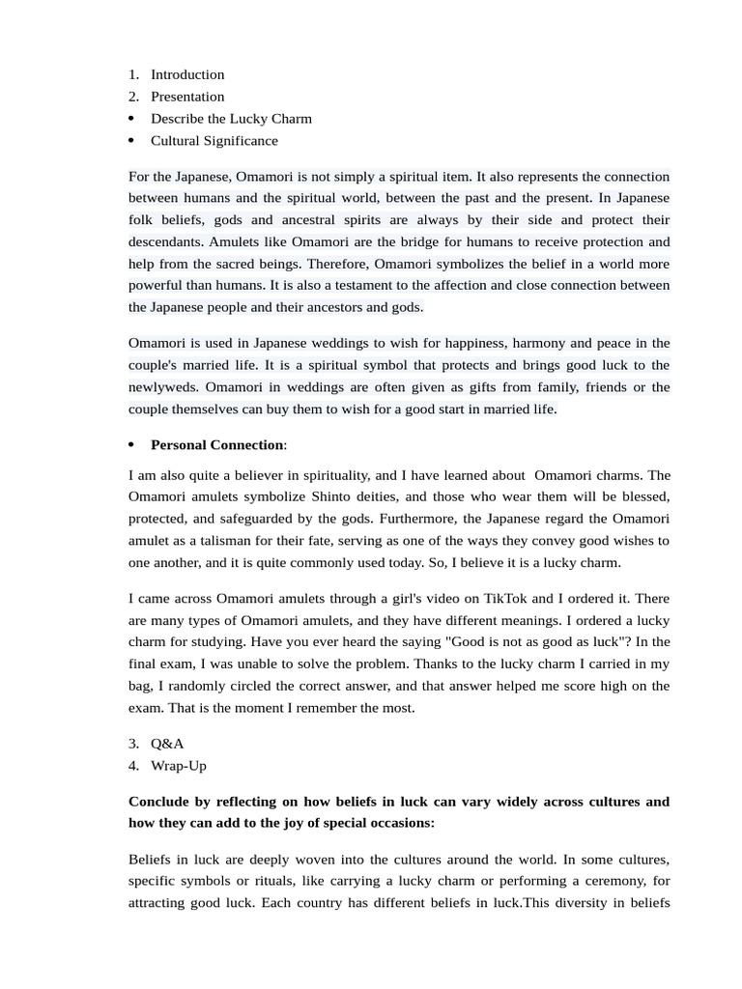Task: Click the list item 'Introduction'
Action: point(187,74)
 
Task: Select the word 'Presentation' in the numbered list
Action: point(187,97)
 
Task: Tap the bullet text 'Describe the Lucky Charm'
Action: point(231,119)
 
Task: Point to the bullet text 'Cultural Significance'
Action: point(214,141)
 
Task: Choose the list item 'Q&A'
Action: point(167,744)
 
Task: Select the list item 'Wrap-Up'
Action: point(179,766)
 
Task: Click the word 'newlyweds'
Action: point(163,387)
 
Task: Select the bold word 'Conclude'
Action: point(159,803)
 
